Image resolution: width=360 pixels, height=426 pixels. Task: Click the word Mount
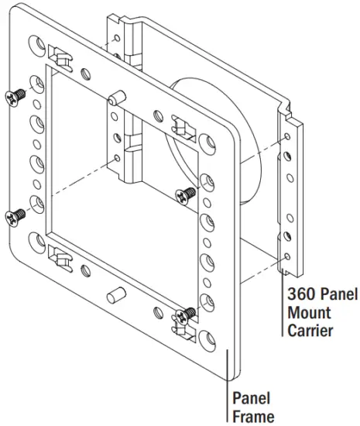[308, 313]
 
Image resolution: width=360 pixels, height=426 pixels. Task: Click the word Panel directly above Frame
[252, 400]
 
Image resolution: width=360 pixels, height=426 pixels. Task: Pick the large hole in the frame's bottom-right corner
[207, 338]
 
